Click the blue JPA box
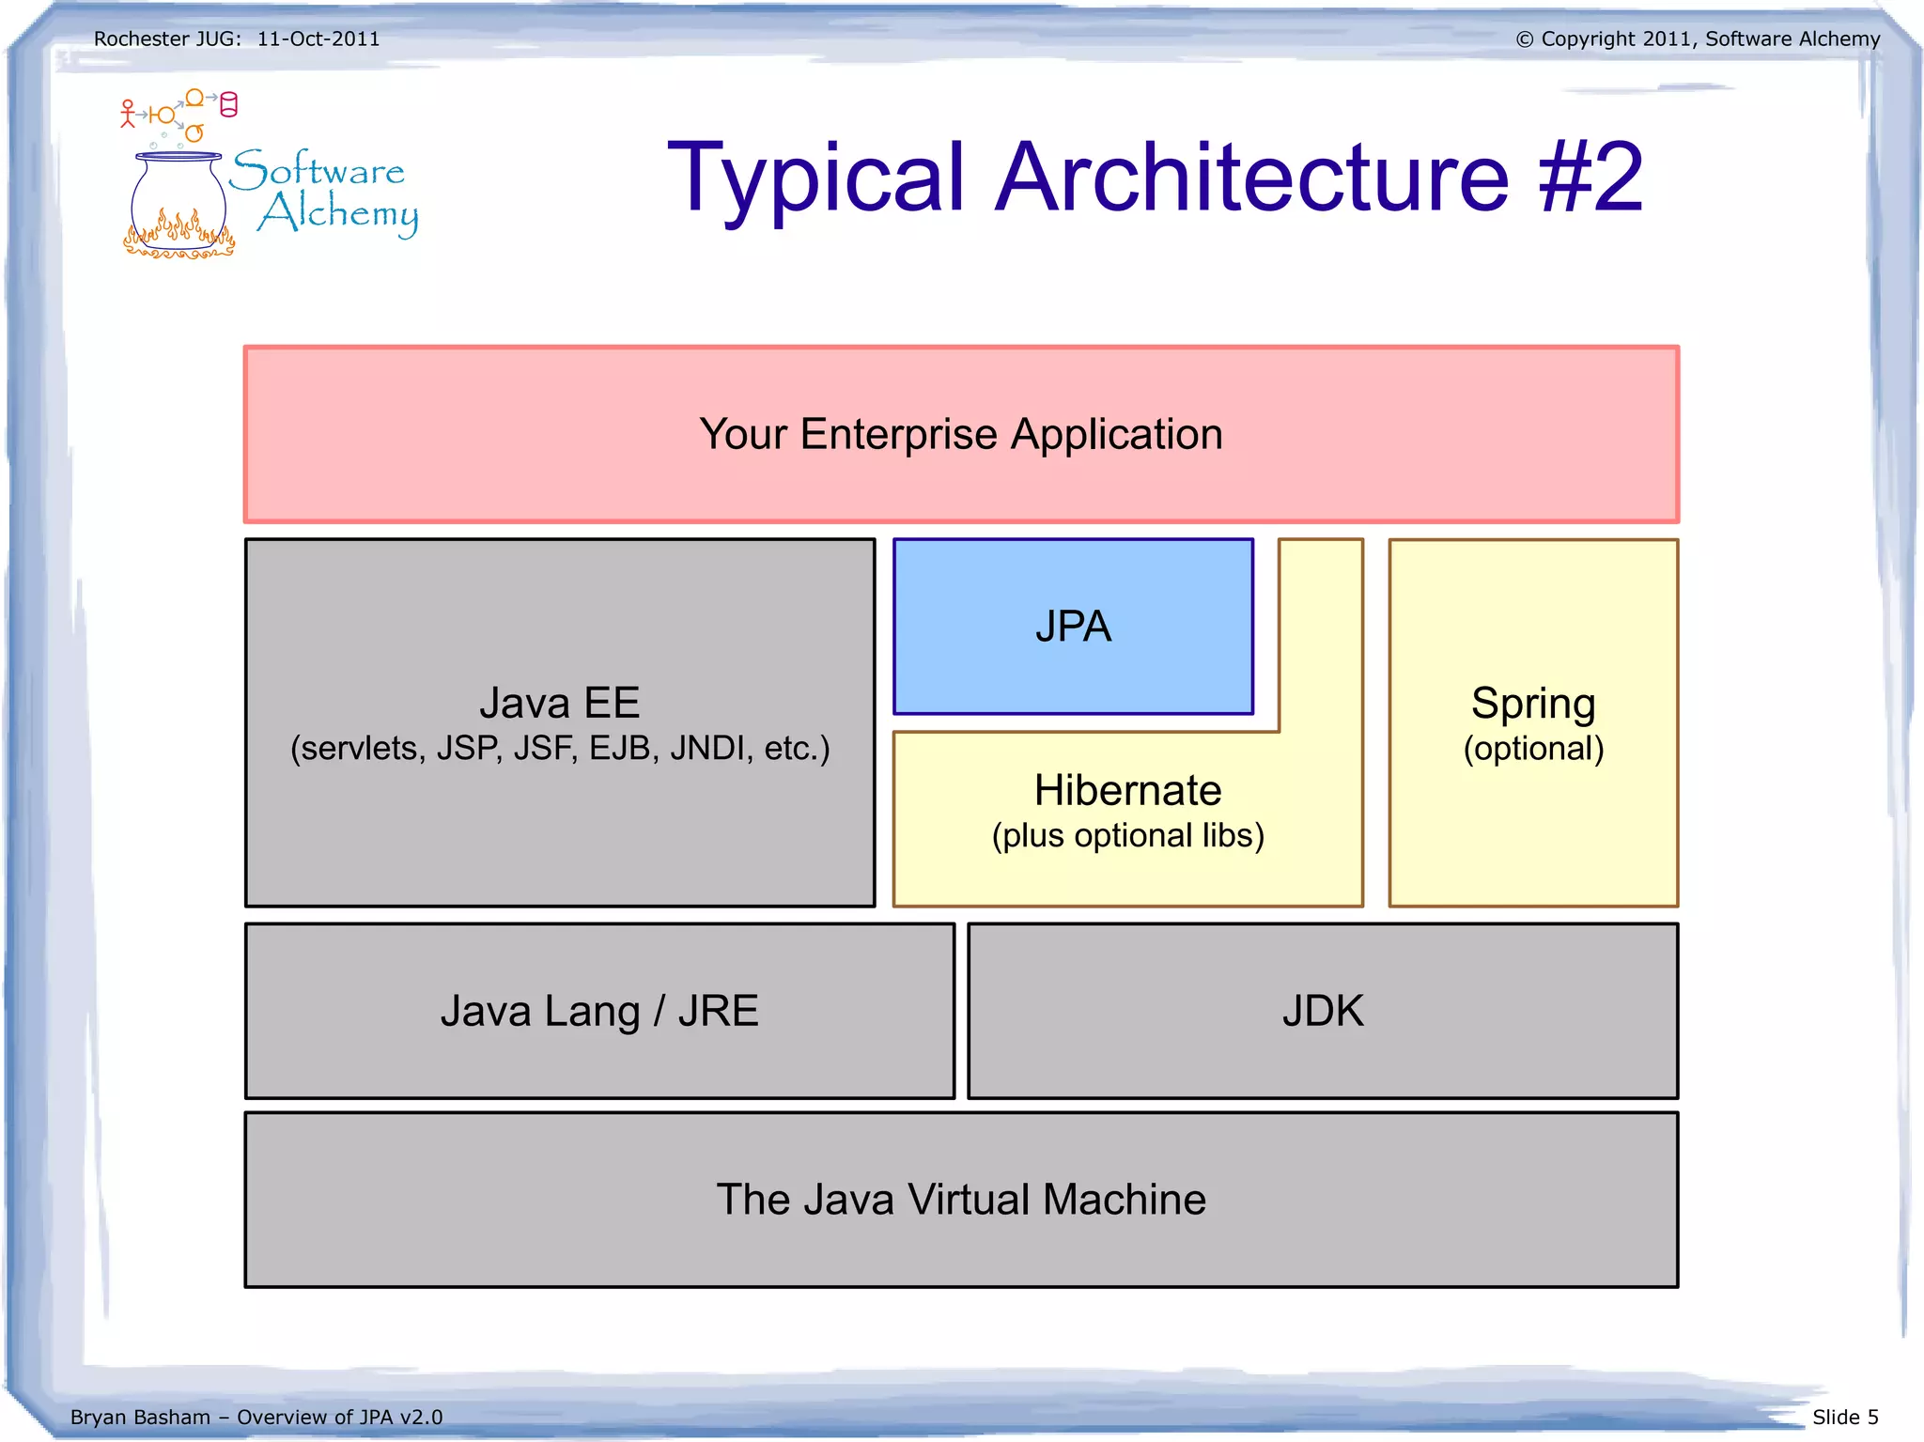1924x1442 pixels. (1073, 627)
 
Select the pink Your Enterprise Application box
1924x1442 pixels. (961, 434)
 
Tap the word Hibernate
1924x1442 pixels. (1127, 790)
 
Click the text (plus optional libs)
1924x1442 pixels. (1127, 835)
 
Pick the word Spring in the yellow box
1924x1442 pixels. (1533, 703)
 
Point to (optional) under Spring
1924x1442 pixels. (1533, 749)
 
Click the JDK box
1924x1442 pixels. (1322, 1011)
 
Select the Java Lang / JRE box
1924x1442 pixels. (599, 1011)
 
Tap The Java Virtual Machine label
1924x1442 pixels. (961, 1200)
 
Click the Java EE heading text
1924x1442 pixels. (560, 703)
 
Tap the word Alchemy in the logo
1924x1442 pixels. (338, 214)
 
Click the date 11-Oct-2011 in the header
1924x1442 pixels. (318, 39)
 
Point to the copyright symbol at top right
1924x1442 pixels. (1524, 39)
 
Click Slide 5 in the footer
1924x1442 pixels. (1845, 1417)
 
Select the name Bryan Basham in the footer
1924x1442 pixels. (140, 1417)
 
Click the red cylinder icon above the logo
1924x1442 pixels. (228, 104)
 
